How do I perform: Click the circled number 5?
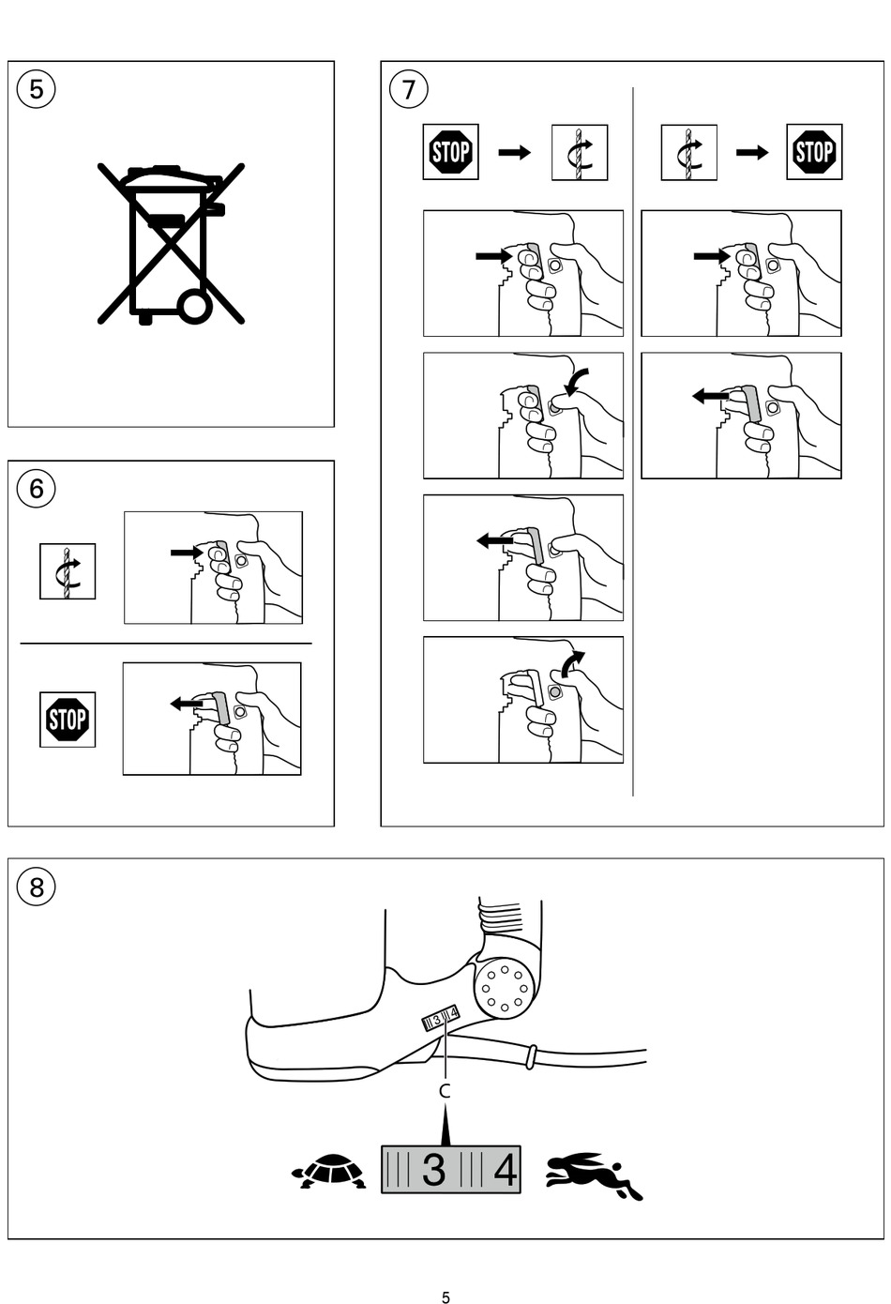(36, 90)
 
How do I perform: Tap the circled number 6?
(36, 489)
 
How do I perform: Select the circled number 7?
(409, 90)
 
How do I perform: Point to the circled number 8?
(36, 887)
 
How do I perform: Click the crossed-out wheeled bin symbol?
(171, 243)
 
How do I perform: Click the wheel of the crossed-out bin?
(194, 306)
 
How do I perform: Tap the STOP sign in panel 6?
(68, 720)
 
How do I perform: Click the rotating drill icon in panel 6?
(68, 571)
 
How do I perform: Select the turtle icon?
(329, 1170)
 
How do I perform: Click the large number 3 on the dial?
(433, 1170)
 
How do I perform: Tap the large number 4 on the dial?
(505, 1170)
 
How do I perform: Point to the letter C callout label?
(445, 1091)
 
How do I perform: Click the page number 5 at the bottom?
(445, 1293)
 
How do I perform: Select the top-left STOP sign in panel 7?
(450, 152)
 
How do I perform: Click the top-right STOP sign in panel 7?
(814, 152)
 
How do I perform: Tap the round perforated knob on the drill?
(505, 988)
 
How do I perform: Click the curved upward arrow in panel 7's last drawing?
(573, 662)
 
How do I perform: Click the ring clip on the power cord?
(530, 1056)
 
